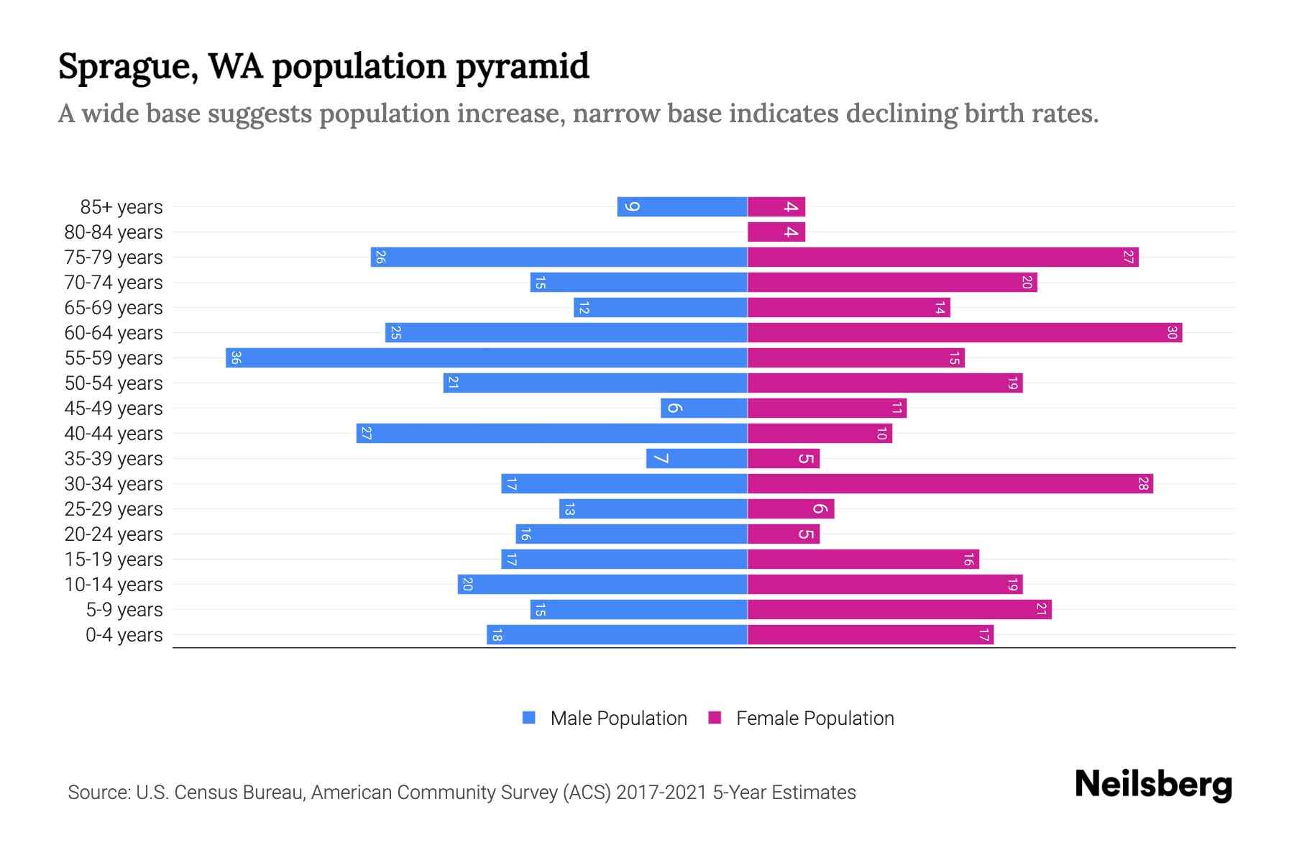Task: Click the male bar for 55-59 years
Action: click(x=487, y=357)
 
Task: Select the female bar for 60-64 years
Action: click(x=965, y=332)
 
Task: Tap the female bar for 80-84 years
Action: click(x=776, y=232)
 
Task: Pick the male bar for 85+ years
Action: click(x=682, y=206)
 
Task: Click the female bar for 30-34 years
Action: click(x=950, y=483)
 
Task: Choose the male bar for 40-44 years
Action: click(x=552, y=433)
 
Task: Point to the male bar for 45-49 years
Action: click(x=704, y=408)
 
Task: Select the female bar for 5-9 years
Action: click(x=899, y=609)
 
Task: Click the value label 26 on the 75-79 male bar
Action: click(x=380, y=257)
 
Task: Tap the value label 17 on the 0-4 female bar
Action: click(x=984, y=634)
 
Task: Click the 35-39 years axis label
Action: click(x=114, y=459)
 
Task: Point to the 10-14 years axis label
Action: click(x=114, y=585)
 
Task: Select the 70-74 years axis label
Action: click(x=114, y=283)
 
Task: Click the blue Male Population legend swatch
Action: click(x=529, y=718)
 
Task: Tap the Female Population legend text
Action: click(x=815, y=718)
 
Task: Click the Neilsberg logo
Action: click(x=1153, y=784)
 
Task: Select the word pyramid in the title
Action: click(x=523, y=67)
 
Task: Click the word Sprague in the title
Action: click(x=127, y=67)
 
